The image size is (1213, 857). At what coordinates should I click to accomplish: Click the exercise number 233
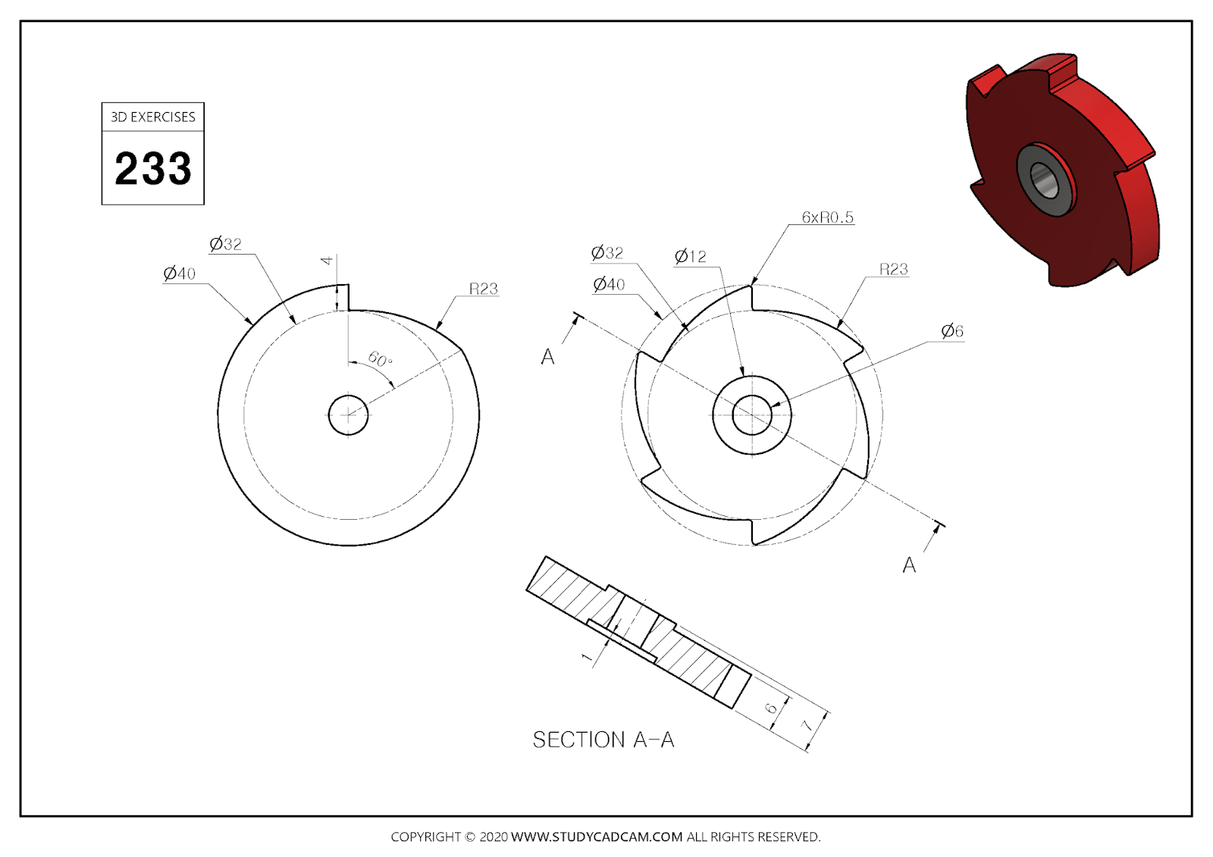[x=153, y=168]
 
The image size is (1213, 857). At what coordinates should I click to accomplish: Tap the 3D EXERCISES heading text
[x=153, y=117]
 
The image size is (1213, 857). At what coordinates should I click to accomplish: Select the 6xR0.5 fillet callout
[x=827, y=217]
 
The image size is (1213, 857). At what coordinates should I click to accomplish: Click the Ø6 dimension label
[x=952, y=331]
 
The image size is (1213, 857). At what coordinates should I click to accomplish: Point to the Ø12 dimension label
[x=690, y=256]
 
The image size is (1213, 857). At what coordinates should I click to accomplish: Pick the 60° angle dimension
[x=380, y=359]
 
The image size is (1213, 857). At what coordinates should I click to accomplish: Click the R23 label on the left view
[x=483, y=289]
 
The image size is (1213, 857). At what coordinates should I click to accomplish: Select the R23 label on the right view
[x=893, y=269]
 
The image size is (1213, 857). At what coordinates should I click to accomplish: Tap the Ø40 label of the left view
[x=180, y=274]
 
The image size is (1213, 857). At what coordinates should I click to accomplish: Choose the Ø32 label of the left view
[x=226, y=244]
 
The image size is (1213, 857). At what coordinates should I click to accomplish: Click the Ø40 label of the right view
[x=609, y=284]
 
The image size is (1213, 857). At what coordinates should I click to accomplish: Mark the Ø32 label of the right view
[x=607, y=252]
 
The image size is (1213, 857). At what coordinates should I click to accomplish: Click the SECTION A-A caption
[x=603, y=740]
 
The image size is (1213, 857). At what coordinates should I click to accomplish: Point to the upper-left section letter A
[x=548, y=357]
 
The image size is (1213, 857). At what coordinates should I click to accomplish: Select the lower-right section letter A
[x=909, y=565]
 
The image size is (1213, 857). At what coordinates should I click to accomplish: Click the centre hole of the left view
[x=348, y=414]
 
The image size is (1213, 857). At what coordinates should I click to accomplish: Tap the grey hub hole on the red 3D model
[x=1044, y=180]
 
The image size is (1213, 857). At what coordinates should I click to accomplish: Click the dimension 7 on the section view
[x=807, y=725]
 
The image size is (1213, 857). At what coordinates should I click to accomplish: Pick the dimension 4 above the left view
[x=327, y=260]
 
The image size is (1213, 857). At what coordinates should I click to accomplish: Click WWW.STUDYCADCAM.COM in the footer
[x=597, y=837]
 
